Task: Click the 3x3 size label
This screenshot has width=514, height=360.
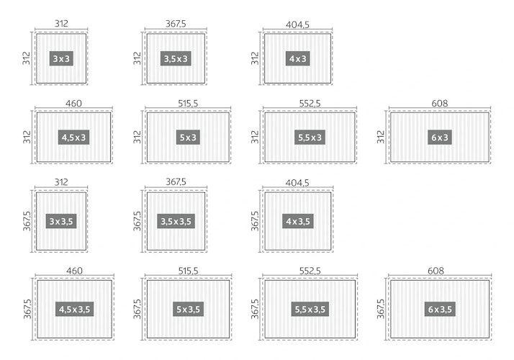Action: pos(61,58)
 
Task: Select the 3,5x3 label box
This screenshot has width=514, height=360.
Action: pos(176,58)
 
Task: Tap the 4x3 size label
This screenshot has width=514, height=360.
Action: pos(297,58)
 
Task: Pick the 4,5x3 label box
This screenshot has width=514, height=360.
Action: pos(73,138)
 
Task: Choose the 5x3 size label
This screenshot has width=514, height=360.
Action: pos(188,138)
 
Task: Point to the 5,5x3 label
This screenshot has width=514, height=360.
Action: pos(310,138)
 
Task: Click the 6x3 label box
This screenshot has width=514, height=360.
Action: pos(440,138)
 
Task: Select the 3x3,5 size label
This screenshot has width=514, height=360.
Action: pos(61,221)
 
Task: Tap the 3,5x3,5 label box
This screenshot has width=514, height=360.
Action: pos(176,221)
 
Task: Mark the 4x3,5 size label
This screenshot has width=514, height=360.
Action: pos(297,221)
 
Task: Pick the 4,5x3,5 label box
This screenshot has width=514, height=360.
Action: pos(74,309)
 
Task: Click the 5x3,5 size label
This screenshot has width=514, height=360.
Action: pos(188,309)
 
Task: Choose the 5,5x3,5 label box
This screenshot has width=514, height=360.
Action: pos(310,309)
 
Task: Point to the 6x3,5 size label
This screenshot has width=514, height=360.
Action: pos(440,309)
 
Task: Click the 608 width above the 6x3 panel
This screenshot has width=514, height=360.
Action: pos(440,103)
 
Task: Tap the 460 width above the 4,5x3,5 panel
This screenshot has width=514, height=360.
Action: pos(74,271)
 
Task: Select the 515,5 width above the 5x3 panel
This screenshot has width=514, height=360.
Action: pos(188,103)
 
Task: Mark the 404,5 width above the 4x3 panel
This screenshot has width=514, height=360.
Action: pos(297,24)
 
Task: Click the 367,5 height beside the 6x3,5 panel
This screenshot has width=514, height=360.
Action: pos(380,309)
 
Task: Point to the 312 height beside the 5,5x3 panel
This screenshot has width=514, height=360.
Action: pos(255,137)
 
